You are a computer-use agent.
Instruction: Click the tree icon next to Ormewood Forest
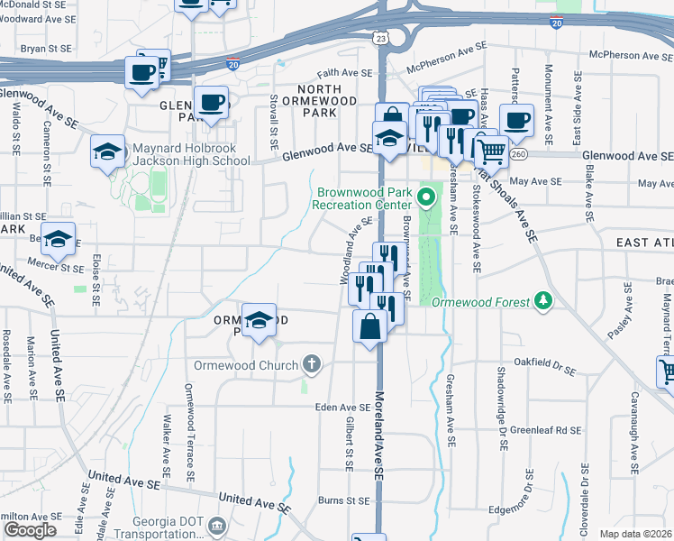click(542, 300)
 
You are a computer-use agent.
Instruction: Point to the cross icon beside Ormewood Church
click(312, 365)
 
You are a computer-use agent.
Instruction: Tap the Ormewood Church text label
click(246, 365)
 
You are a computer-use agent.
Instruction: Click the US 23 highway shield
click(382, 38)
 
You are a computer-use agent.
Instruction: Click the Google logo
click(31, 530)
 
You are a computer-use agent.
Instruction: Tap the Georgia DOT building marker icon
click(217, 525)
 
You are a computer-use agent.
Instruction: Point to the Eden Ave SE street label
click(342, 408)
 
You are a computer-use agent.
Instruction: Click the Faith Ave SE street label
click(343, 73)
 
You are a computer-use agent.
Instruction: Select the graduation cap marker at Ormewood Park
click(259, 320)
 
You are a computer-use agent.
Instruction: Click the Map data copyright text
click(636, 534)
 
